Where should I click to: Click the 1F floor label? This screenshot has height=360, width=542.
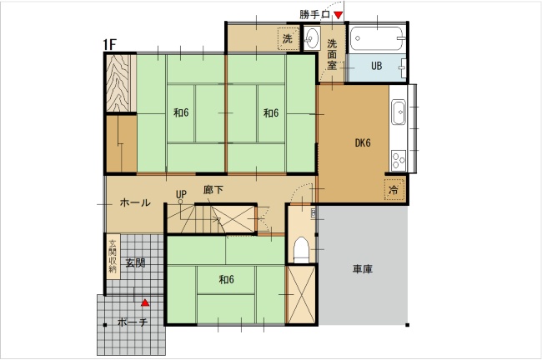(x=110, y=44)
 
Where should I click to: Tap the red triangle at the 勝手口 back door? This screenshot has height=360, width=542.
(x=338, y=15)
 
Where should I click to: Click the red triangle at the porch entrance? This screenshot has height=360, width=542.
(x=145, y=302)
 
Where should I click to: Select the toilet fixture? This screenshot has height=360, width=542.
(x=301, y=250)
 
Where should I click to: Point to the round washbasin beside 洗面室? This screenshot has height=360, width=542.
(x=313, y=38)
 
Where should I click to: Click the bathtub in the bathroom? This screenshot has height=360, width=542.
(x=377, y=38)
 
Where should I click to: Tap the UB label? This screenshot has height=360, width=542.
(x=376, y=66)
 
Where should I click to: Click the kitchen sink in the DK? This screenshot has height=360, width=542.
(x=399, y=112)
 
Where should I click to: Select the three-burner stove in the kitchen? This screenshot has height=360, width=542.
(x=399, y=160)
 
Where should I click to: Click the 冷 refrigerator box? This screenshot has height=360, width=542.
(x=394, y=189)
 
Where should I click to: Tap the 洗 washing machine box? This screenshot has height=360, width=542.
(x=289, y=38)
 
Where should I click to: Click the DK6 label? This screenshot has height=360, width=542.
(x=363, y=142)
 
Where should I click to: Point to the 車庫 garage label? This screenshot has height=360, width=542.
(x=363, y=269)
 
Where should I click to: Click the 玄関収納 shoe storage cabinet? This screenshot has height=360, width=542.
(x=113, y=256)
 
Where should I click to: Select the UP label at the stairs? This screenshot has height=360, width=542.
(x=181, y=194)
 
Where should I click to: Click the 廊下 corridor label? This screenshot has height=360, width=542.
(x=213, y=190)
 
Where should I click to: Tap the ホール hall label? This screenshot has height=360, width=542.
(x=135, y=202)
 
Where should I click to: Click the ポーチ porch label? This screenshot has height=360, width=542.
(x=133, y=322)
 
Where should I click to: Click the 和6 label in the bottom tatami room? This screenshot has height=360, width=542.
(x=227, y=279)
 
